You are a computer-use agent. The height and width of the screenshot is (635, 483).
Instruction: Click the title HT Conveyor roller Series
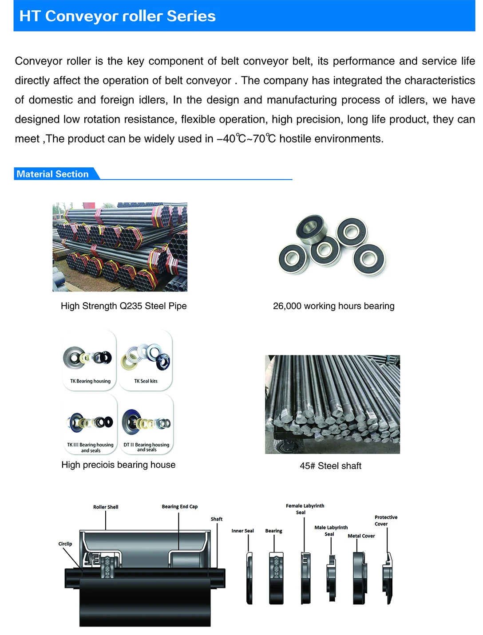tap(118, 16)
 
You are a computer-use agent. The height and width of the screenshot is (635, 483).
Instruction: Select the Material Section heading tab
tap(52, 174)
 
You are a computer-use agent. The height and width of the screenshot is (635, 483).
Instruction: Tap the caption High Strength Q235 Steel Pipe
tap(123, 306)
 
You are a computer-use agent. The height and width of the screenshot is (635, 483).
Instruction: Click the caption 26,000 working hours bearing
tap(333, 306)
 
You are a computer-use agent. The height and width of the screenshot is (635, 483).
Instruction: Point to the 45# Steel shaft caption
tap(330, 465)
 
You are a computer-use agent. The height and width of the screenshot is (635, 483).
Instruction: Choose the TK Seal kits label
tap(146, 381)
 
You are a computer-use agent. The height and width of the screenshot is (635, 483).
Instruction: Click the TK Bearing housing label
tap(90, 381)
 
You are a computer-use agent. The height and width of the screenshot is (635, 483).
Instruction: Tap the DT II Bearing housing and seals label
tap(146, 447)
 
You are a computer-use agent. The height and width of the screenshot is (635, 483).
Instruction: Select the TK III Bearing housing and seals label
tap(90, 447)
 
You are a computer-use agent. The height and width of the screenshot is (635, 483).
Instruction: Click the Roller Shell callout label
tap(106, 507)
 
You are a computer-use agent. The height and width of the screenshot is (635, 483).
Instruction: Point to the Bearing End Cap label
tap(179, 506)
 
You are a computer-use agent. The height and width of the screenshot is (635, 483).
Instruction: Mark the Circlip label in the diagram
tap(65, 544)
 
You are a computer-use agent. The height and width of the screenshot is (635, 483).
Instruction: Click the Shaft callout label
tap(217, 519)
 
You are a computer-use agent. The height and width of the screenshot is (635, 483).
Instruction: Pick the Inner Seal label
tap(242, 531)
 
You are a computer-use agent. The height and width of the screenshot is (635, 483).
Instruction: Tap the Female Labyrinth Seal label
tap(305, 509)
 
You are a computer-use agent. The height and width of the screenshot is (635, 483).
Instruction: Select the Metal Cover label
tap(361, 536)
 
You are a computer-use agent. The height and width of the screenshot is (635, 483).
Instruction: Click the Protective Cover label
tap(386, 520)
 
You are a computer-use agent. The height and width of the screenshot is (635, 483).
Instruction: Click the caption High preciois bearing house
tap(119, 465)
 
